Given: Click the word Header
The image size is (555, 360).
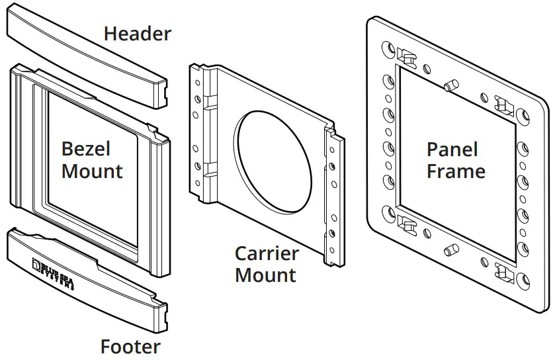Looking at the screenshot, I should (x=137, y=34).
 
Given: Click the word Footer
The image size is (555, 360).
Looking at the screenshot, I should (x=130, y=346).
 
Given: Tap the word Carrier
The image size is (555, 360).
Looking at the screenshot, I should (x=267, y=253).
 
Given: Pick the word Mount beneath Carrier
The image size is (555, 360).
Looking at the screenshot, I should (x=265, y=275).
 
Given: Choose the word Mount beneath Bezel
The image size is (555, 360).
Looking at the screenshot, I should (x=92, y=171).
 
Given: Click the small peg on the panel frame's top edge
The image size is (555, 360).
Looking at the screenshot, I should (x=452, y=85).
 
